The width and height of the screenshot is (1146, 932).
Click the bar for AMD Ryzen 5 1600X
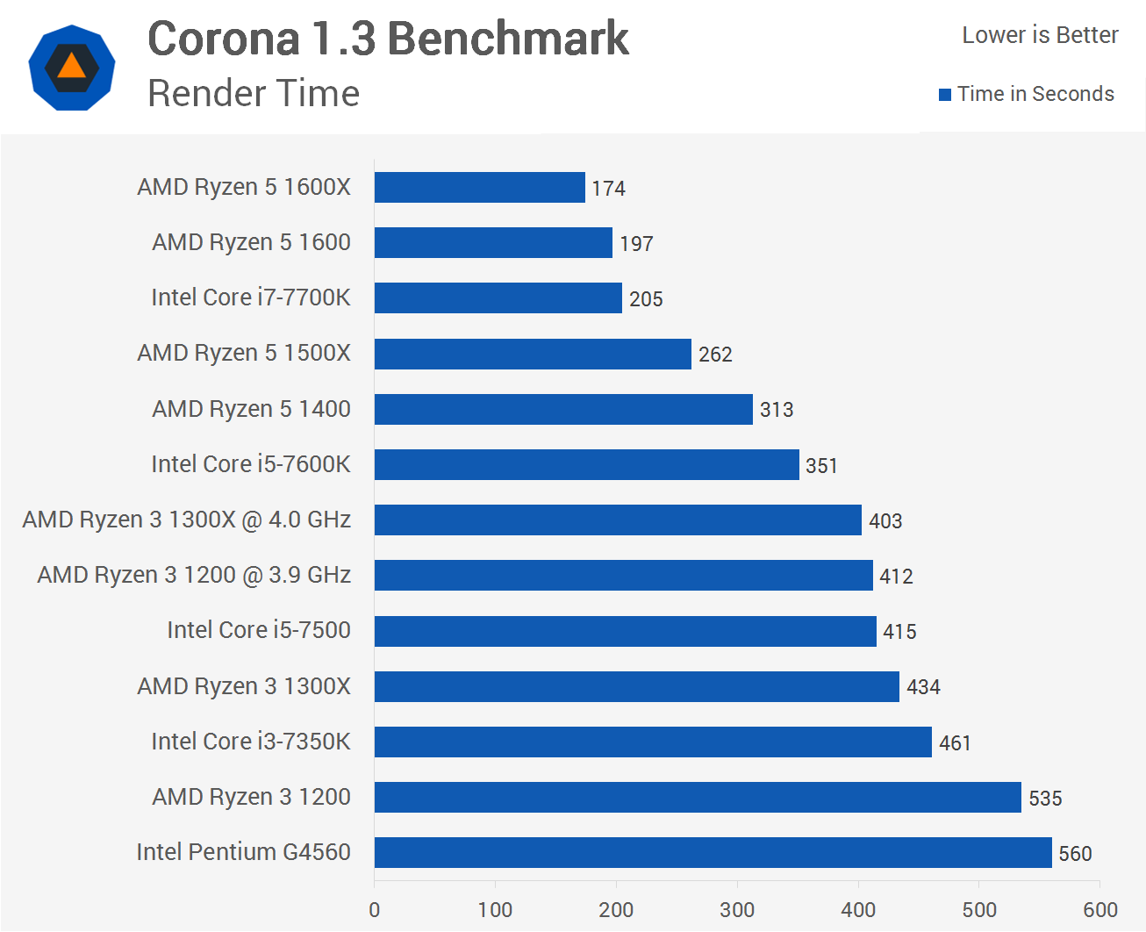tap(479, 187)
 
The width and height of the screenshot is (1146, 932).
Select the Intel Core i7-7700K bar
tap(498, 298)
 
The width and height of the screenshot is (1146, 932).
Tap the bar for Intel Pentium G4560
tap(713, 852)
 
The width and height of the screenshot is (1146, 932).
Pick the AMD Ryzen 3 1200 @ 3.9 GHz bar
tap(623, 575)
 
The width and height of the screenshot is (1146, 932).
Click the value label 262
tap(715, 355)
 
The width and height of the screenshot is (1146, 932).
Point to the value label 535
tap(1045, 799)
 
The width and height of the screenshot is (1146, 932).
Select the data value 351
tap(821, 466)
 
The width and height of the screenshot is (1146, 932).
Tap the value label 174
tap(608, 189)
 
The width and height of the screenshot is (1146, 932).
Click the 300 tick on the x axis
tap(737, 910)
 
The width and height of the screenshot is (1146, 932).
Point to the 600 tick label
tap(1100, 910)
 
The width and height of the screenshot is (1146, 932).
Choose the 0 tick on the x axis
tap(375, 910)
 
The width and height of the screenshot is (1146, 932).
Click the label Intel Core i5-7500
tap(259, 630)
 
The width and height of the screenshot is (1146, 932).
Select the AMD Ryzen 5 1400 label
tap(251, 409)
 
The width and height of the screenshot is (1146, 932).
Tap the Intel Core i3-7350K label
tap(251, 742)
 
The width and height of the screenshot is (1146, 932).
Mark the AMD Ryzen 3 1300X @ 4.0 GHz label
tap(186, 520)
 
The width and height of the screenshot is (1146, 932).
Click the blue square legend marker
tap(945, 95)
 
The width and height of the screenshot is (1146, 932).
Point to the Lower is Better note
tap(1040, 35)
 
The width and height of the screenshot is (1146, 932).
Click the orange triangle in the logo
tap(72, 67)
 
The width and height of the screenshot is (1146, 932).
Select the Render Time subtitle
tap(254, 93)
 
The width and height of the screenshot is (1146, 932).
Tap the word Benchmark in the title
tap(508, 39)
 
